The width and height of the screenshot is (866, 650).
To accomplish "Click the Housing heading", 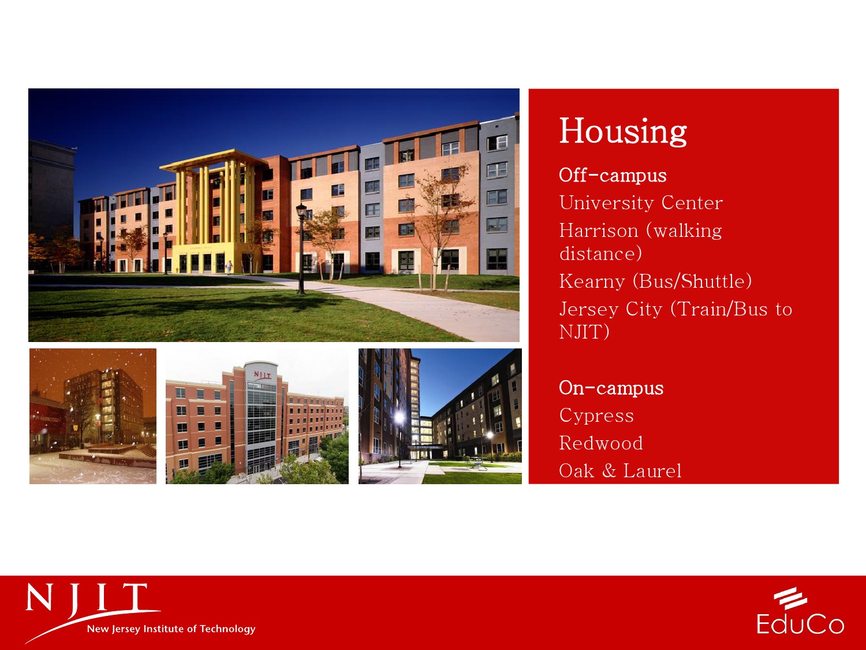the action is pos(623,131).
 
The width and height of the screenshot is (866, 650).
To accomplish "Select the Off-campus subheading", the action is pos(613,175).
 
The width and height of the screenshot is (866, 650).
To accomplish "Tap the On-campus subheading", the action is pos(611,388).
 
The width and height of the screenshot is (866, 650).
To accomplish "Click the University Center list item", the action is pos(641,203).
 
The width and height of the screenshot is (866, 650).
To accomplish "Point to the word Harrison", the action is pos(599,231).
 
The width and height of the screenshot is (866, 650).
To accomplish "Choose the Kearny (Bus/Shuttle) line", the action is pos(655,281).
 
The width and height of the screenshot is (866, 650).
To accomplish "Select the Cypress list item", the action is pos(596,416).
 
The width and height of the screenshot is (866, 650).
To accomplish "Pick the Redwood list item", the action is pos(601,443).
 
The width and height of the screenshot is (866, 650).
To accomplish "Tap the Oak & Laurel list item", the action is pos(620,471).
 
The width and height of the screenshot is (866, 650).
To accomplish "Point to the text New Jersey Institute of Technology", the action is pos(171,629).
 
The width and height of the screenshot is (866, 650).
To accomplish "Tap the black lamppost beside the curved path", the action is pos(301,248).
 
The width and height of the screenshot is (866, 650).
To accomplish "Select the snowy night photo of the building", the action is pos(93,416).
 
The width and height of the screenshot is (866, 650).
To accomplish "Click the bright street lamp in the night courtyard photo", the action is pos(400,417).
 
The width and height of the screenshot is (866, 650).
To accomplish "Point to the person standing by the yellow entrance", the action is pos(229,268).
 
